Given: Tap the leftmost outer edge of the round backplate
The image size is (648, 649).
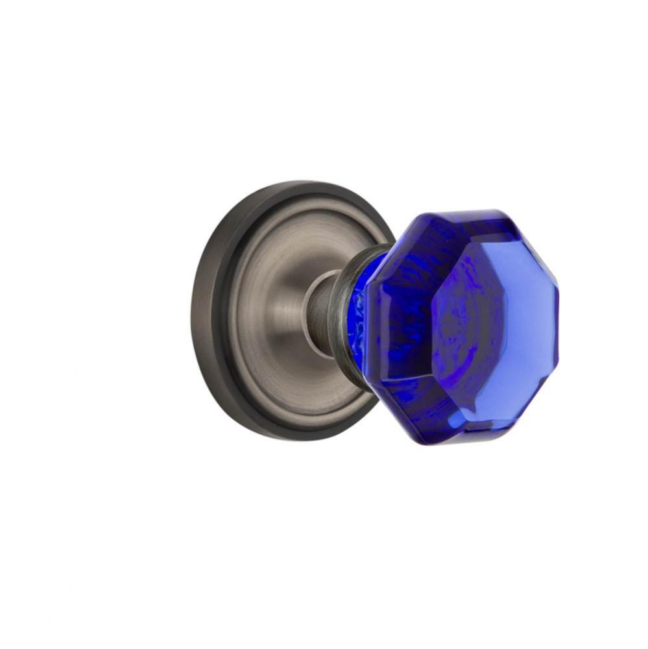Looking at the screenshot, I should point(192,312).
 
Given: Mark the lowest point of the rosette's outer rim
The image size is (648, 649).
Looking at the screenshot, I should point(285,439).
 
